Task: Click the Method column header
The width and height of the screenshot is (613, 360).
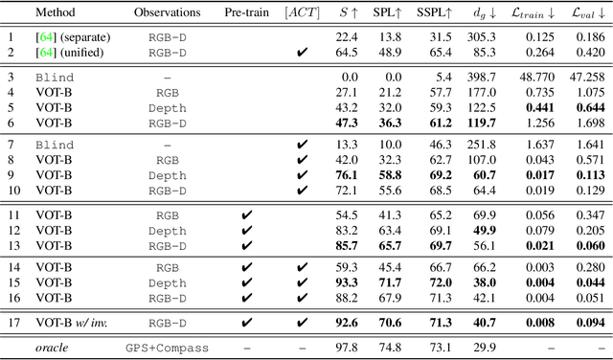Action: point(55,13)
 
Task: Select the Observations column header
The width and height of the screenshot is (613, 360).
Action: point(167,13)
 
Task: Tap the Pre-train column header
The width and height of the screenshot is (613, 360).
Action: point(245,13)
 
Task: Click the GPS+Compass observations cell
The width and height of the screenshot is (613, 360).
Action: point(168,347)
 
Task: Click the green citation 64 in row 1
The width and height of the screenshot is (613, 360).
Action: point(44,36)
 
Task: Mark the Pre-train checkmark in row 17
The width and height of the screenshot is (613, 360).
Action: point(246,324)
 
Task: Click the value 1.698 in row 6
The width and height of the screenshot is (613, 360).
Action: point(586,123)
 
